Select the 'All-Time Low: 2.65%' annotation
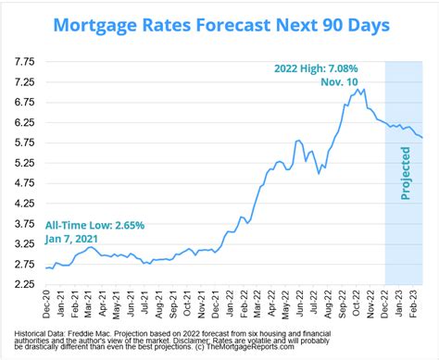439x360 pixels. coord(94,225)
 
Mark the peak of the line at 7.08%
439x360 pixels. coord(364,89)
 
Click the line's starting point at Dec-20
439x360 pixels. coord(46,268)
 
